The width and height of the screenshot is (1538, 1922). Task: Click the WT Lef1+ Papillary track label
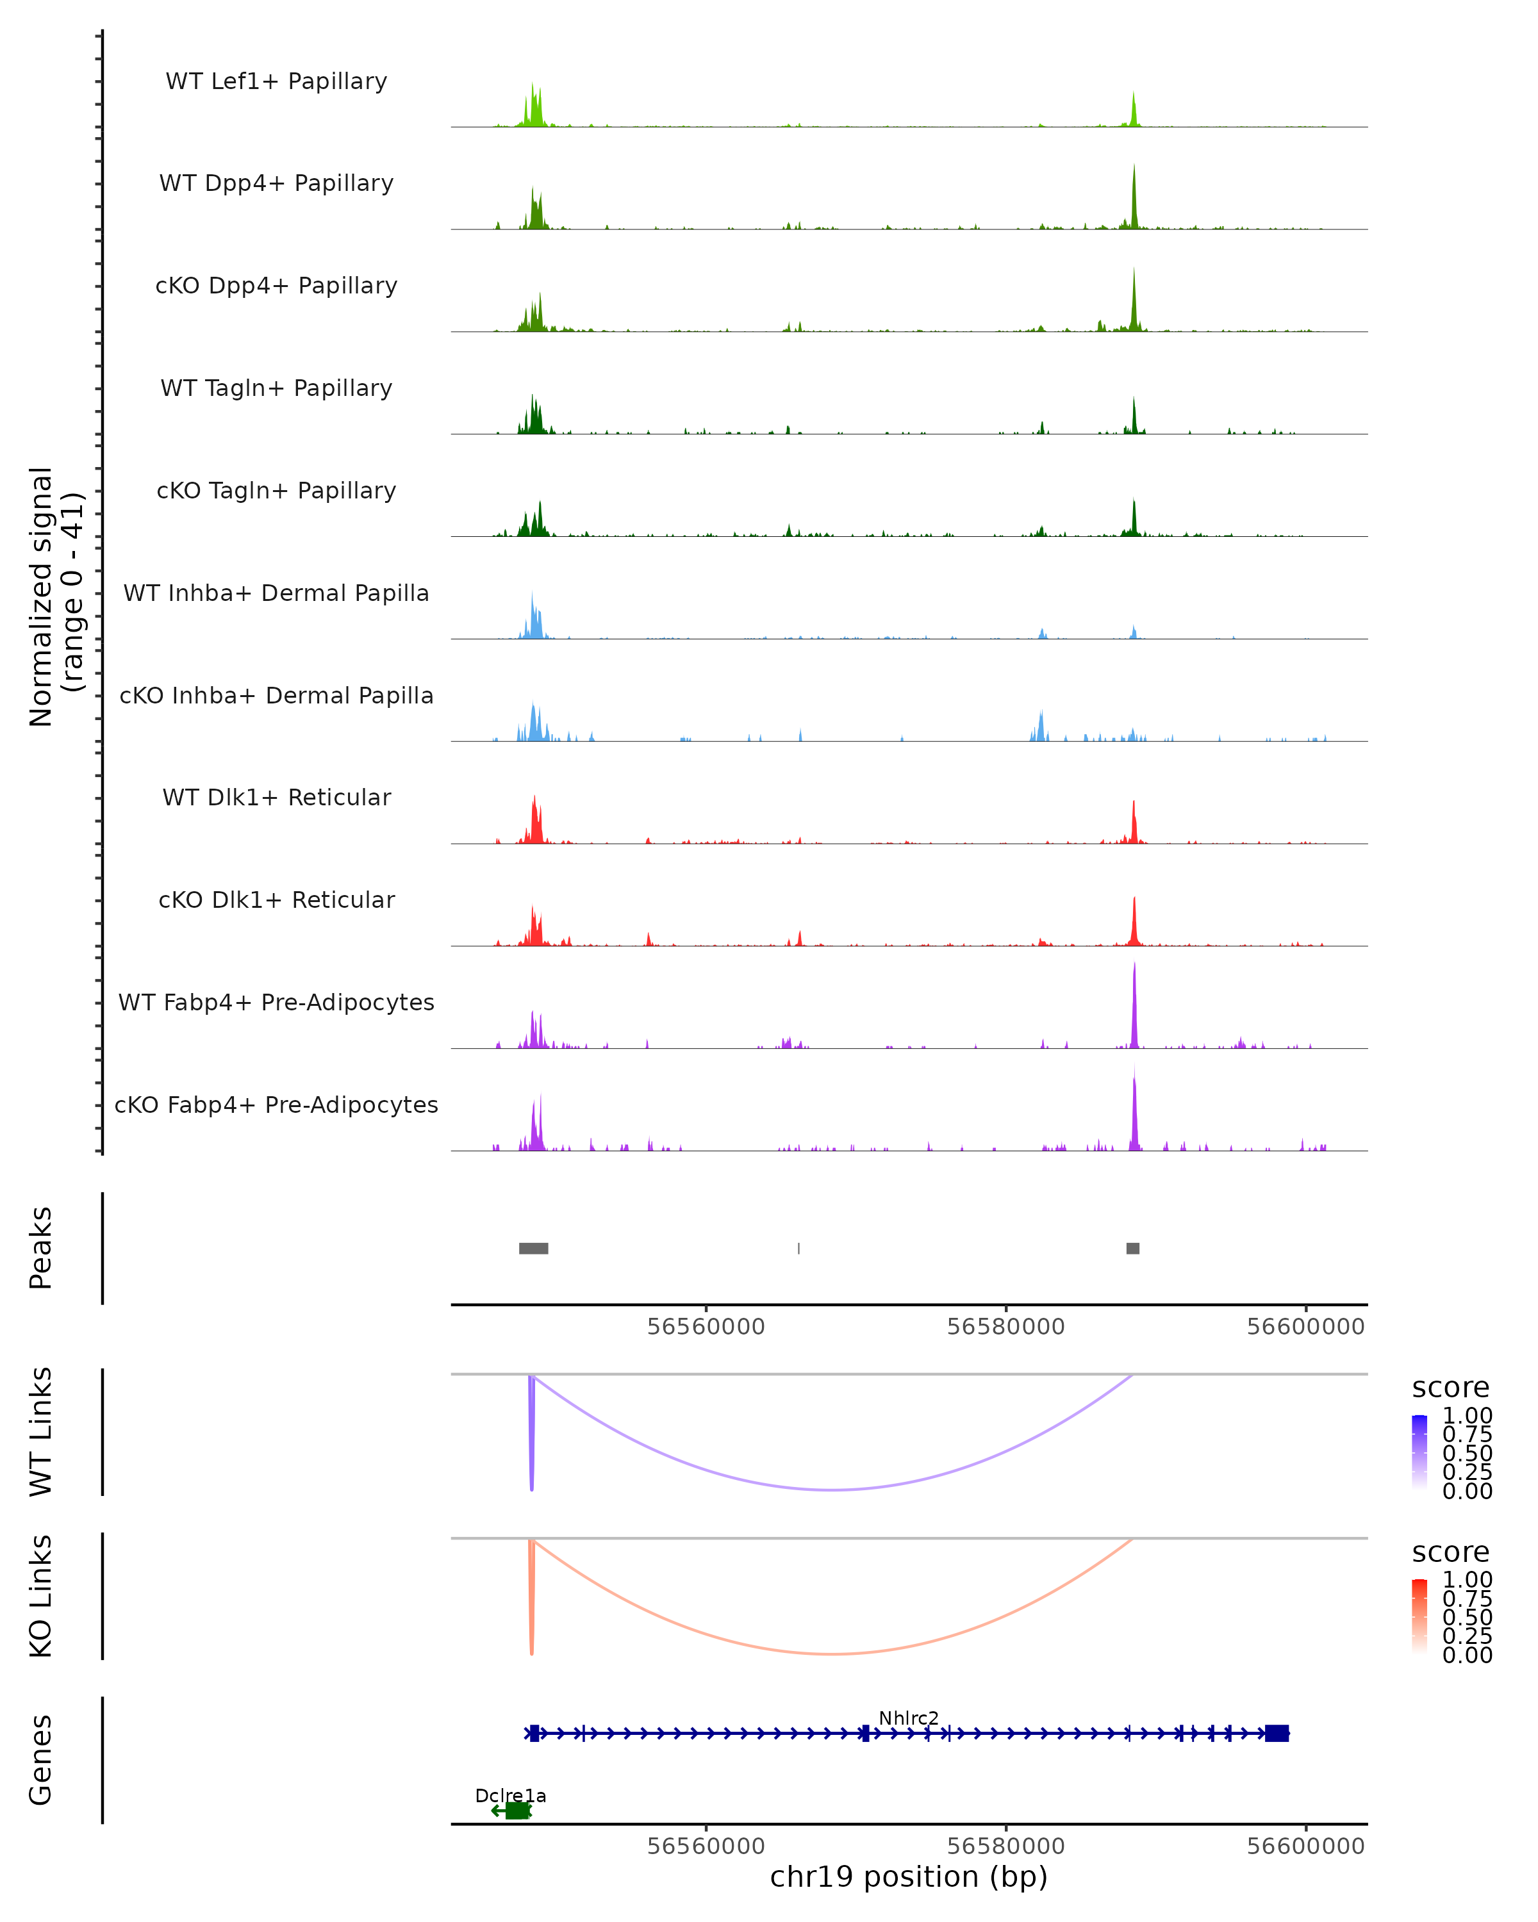(276, 81)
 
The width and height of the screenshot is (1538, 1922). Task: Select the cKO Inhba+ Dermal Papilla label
(276, 695)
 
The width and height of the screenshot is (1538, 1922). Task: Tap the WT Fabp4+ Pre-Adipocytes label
(276, 1002)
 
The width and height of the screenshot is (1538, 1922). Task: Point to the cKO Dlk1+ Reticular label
(276, 899)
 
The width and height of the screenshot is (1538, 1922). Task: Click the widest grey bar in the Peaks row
(533, 1248)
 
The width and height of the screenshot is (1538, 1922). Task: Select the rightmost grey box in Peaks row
(1132, 1248)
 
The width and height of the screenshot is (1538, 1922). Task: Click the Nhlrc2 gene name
(909, 1718)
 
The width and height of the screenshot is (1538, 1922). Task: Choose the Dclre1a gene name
(510, 1795)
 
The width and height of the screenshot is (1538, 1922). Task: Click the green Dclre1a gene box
(517, 1811)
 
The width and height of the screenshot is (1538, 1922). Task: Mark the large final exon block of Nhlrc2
(1277, 1733)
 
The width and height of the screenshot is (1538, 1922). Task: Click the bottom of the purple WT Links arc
(832, 1490)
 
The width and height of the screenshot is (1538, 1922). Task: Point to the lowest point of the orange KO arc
(832, 1654)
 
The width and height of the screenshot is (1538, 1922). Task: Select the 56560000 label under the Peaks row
(706, 1327)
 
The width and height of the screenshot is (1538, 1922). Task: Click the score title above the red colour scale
(1451, 1552)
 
